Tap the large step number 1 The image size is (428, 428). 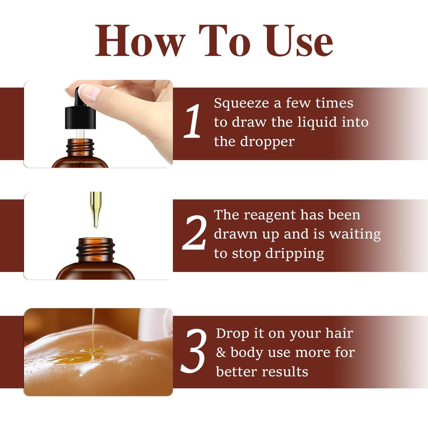coord(193,122)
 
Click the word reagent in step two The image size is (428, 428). coord(266,216)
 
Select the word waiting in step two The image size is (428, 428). coord(355,234)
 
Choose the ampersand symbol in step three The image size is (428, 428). coord(221,352)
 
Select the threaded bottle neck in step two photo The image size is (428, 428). coord(96,250)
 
